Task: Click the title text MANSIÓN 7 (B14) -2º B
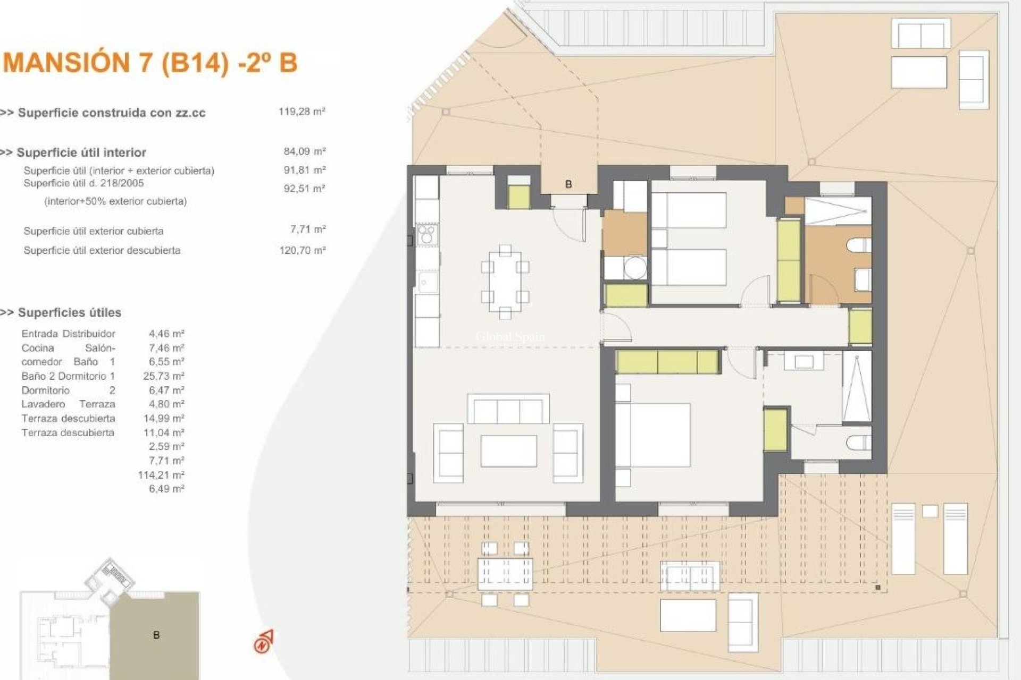tap(150, 63)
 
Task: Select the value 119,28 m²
tap(302, 112)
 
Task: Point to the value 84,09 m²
tap(304, 151)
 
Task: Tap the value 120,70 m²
tap(302, 250)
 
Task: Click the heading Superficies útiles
tap(69, 312)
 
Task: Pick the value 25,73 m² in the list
tap(163, 376)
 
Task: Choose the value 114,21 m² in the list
tap(161, 475)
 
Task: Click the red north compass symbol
tap(263, 642)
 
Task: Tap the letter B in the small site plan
tap(156, 635)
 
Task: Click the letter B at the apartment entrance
tap(568, 184)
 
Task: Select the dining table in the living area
tap(505, 282)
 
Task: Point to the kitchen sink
tap(426, 282)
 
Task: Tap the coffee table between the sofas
tap(508, 451)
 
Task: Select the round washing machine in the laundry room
tap(634, 268)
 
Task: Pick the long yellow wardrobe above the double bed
tap(667, 362)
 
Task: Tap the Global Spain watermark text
tap(509, 337)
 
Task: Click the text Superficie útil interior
tap(81, 152)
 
